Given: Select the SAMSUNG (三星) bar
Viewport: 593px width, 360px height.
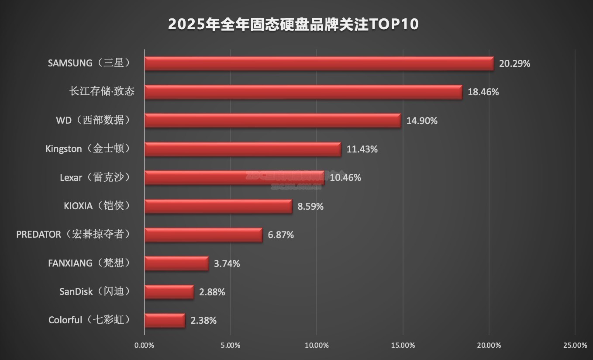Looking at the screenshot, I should [x=319, y=63].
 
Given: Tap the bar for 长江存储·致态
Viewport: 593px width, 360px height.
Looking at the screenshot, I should [x=303, y=92].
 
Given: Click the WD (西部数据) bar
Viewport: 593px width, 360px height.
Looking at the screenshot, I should [x=272, y=120].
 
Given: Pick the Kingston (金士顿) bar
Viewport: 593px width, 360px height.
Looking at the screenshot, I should [x=242, y=149].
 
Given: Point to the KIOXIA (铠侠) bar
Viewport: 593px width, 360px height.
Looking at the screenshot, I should [x=218, y=206].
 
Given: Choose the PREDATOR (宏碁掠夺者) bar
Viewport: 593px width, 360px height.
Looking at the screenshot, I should [x=203, y=235].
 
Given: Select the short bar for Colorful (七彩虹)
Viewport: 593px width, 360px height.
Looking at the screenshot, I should [x=165, y=320].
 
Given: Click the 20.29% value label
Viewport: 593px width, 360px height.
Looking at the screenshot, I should [x=514, y=64].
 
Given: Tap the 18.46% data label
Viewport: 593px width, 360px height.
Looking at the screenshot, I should [x=483, y=92].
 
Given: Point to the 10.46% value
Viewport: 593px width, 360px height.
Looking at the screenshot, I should [x=345, y=178].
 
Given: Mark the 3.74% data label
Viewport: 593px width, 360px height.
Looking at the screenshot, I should [x=227, y=263].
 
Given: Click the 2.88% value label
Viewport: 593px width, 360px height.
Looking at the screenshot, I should [x=212, y=292].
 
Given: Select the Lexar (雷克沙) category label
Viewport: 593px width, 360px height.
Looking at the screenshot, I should [x=95, y=177].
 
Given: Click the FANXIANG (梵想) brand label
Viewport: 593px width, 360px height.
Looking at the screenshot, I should [x=89, y=263].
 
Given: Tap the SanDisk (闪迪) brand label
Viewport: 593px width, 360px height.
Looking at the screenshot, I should [x=95, y=291].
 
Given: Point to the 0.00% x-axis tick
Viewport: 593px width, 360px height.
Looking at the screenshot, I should [x=145, y=346].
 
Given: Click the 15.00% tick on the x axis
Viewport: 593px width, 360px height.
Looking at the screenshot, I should [x=403, y=346].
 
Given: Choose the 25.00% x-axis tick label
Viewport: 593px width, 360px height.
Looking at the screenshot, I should [x=575, y=346].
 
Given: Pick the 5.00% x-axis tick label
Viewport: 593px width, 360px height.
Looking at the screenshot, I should [x=231, y=346].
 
